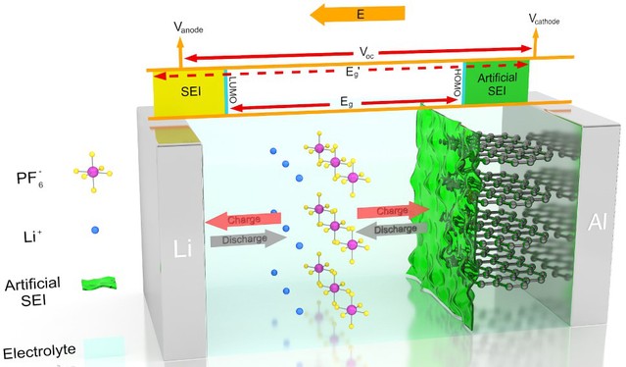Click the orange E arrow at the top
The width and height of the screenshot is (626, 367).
[358, 15]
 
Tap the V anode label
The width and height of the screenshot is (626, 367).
[188, 27]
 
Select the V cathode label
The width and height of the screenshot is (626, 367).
[544, 19]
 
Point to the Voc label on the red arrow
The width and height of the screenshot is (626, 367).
[366, 52]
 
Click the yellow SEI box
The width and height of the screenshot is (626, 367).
[189, 93]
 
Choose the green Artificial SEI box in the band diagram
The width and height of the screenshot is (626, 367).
[498, 82]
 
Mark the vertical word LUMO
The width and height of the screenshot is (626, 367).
[233, 89]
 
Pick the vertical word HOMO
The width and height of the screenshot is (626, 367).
[457, 82]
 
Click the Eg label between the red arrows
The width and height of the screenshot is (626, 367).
[347, 102]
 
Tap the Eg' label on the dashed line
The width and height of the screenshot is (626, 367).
[353, 73]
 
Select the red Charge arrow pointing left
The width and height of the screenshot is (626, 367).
[243, 220]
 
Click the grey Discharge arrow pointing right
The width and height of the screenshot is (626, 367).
[248, 239]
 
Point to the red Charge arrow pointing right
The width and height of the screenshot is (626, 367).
[393, 210]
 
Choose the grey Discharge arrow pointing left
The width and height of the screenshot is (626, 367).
[391, 229]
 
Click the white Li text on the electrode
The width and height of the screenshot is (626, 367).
[182, 248]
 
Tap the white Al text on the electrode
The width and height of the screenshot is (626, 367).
[597, 223]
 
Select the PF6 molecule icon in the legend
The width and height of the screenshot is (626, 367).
[93, 172]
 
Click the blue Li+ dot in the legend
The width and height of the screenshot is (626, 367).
[95, 231]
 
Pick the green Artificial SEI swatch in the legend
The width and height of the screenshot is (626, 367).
[99, 284]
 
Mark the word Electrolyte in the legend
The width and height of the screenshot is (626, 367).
[39, 352]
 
